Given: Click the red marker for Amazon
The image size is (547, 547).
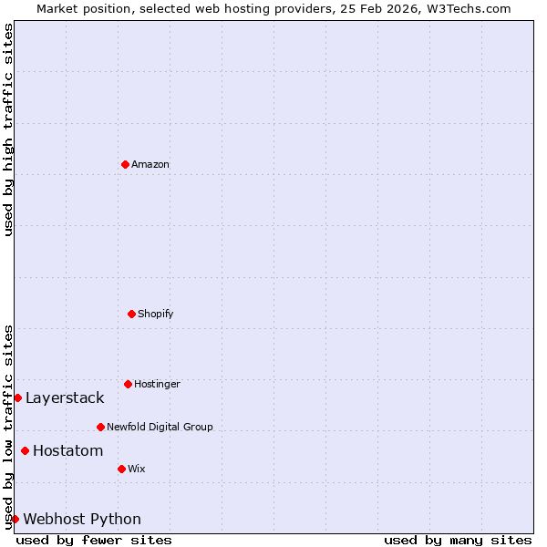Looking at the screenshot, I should click(125, 164).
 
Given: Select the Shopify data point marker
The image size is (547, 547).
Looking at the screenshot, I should click(131, 314).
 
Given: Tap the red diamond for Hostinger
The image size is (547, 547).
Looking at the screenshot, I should click(128, 384).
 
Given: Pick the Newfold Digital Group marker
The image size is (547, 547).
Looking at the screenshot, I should click(100, 427).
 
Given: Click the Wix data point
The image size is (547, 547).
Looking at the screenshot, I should click(121, 469).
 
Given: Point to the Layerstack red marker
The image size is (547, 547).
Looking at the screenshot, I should click(17, 397).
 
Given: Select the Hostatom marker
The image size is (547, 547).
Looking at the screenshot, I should click(25, 450).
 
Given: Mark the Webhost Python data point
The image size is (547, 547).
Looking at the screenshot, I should click(15, 519).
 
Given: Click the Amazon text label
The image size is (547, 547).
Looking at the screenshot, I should click(150, 164).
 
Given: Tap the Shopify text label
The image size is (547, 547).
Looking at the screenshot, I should click(156, 314).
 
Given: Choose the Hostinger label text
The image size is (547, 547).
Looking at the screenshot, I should click(157, 384).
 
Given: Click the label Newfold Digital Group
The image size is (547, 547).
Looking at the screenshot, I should click(160, 427).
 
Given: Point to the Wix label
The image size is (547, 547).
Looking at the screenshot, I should click(137, 469).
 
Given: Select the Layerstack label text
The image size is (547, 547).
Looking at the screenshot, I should click(65, 397).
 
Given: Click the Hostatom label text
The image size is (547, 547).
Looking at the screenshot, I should click(68, 450).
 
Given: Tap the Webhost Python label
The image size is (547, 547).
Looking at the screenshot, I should click(82, 519).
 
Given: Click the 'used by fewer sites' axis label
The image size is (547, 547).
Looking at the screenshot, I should click(94, 540).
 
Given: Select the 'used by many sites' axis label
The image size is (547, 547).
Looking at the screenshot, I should click(458, 540).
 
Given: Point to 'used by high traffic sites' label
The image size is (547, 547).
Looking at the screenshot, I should click(8, 129).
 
